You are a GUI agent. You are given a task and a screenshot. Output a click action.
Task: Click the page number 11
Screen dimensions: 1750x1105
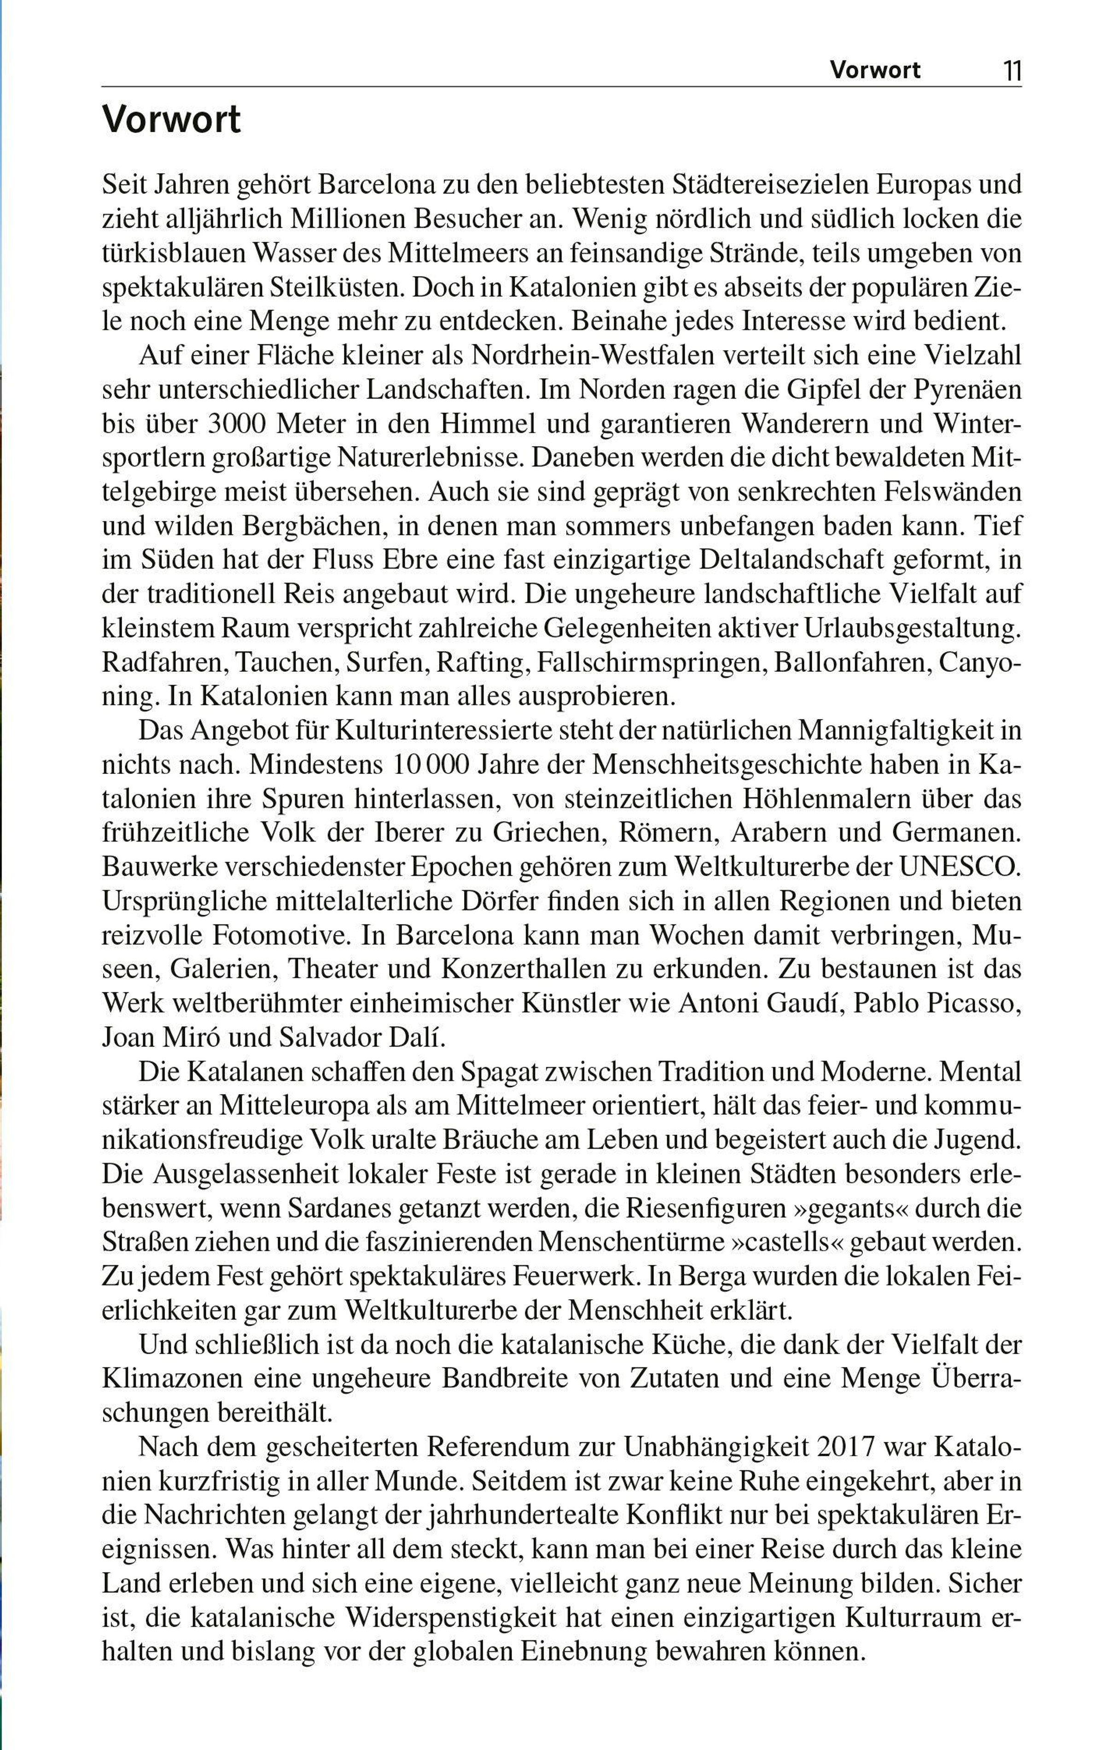pos(1012,70)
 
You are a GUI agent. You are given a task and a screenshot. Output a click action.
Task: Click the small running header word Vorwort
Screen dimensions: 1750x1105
pos(875,70)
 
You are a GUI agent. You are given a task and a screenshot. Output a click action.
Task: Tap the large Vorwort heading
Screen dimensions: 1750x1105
pos(172,119)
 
